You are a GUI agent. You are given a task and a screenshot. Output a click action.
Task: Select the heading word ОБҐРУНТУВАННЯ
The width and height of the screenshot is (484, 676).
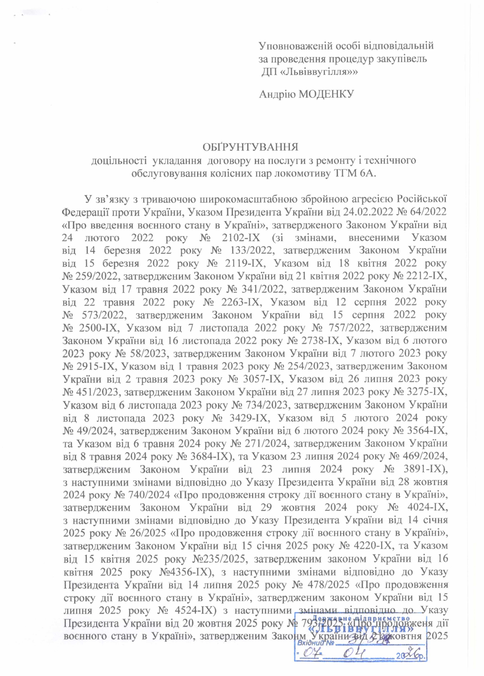click(250, 147)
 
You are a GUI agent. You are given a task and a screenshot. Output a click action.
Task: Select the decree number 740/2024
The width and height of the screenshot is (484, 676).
click(147, 495)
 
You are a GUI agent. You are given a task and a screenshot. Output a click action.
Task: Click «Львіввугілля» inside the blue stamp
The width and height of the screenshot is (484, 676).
click(361, 629)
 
